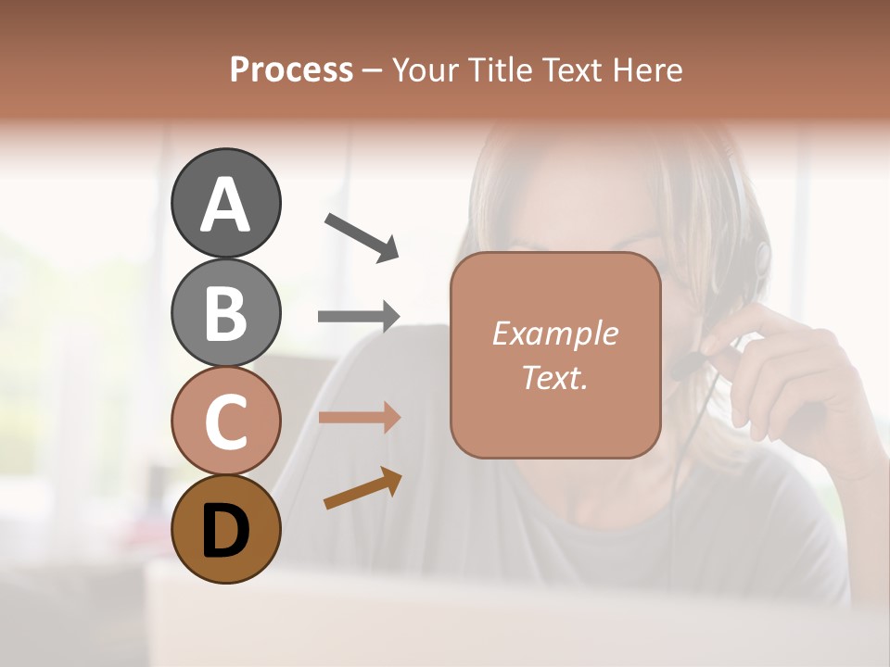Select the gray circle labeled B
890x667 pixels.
coord(226,312)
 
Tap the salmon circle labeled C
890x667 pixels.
coord(226,422)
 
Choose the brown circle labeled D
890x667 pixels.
coord(226,529)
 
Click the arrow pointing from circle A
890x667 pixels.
coord(361,236)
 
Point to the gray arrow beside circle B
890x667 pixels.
coord(358,317)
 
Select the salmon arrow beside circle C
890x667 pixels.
coord(358,418)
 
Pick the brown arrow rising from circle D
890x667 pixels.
coord(362,488)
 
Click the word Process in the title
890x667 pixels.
coord(291,69)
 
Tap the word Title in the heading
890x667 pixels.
coord(499,69)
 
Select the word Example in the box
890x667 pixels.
coord(554,334)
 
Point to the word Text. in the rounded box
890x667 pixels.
coord(554,377)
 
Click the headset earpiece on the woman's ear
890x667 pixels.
coord(762,257)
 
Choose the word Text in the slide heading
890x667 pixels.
coord(570,69)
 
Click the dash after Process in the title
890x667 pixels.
coord(372,70)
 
